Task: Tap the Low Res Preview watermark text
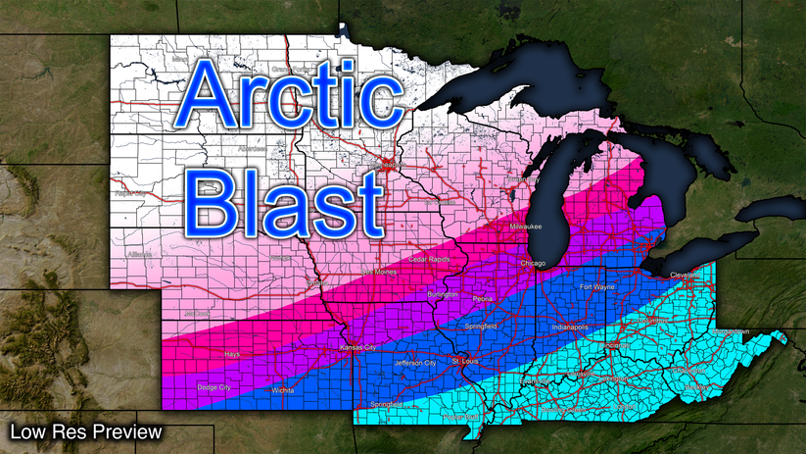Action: tap(84, 431)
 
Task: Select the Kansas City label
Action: tap(356, 348)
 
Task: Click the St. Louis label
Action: tap(466, 362)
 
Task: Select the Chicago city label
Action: tap(534, 263)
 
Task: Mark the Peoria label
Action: tap(482, 297)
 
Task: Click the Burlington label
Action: tap(444, 294)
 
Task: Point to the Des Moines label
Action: tap(380, 272)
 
